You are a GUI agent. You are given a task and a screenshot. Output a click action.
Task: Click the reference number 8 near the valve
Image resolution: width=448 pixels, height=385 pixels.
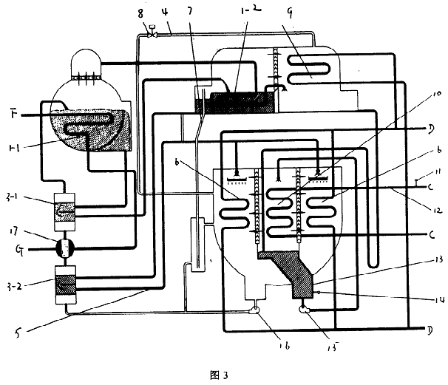[142, 13]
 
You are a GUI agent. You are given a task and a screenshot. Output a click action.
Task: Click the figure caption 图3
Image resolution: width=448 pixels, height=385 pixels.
[220, 372]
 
